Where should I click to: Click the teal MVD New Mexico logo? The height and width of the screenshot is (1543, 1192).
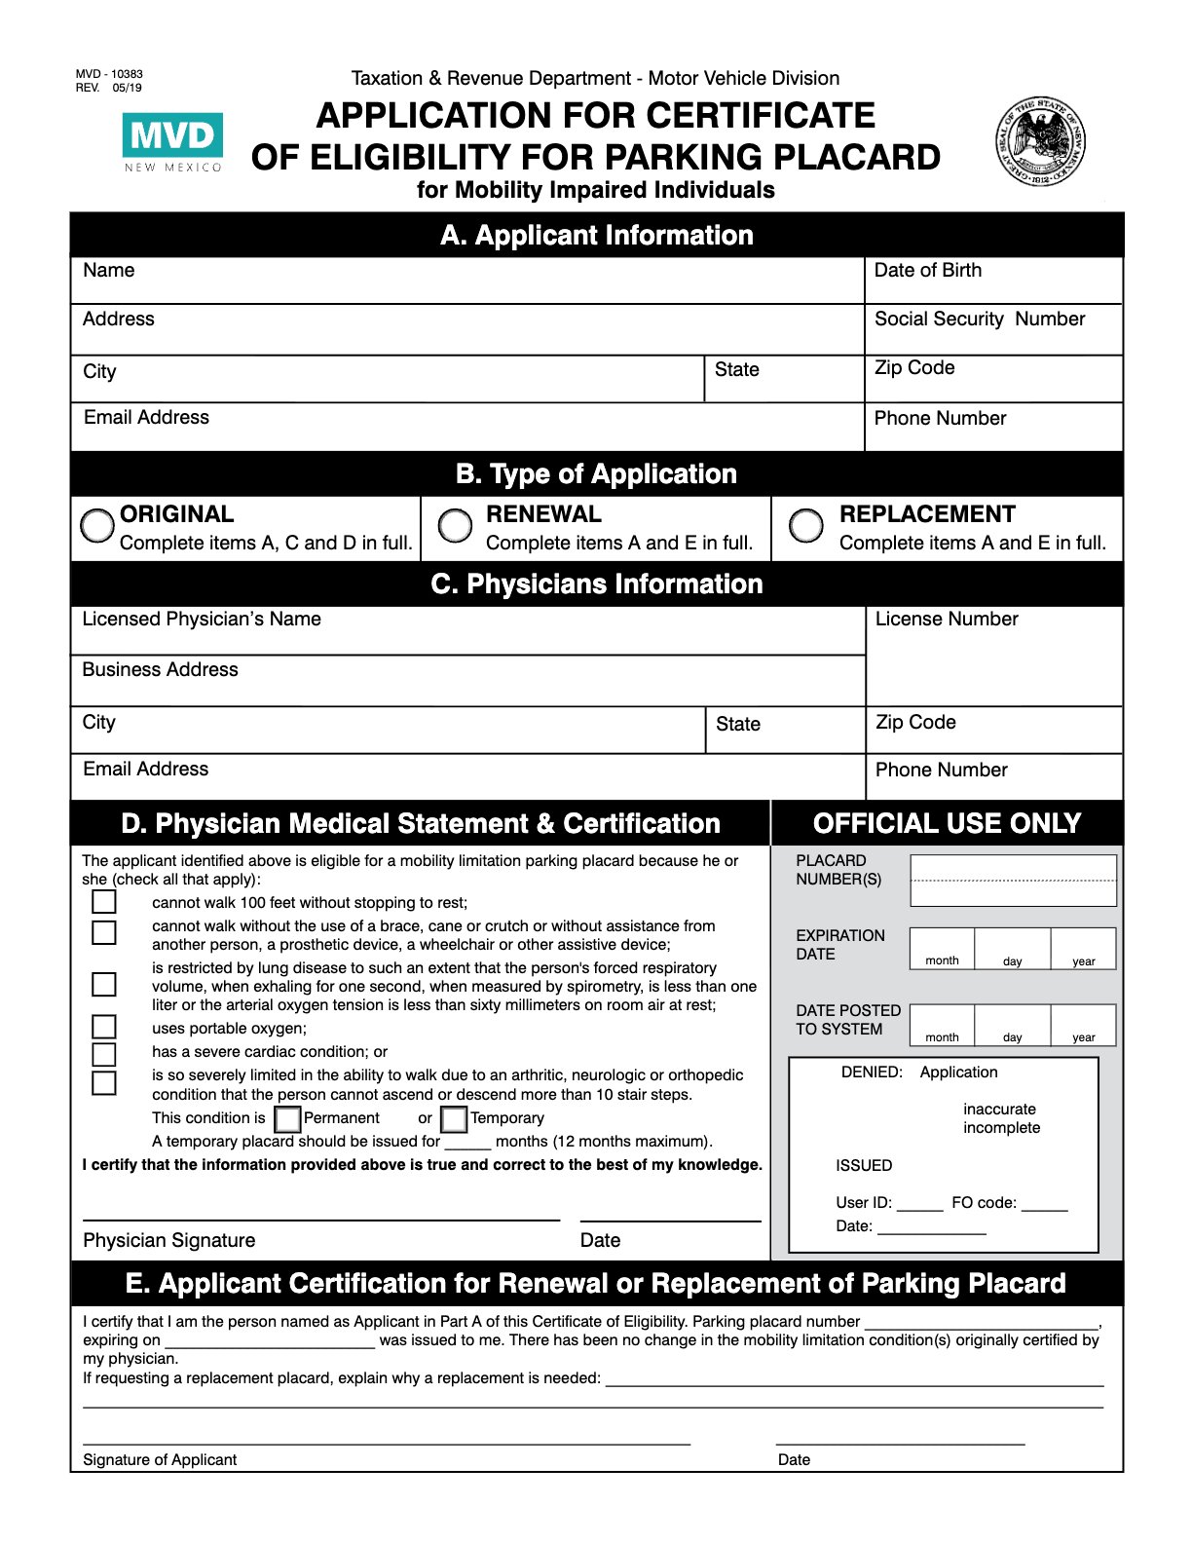pyautogui.click(x=172, y=142)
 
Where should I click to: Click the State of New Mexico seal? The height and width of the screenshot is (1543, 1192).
pyautogui.click(x=1039, y=143)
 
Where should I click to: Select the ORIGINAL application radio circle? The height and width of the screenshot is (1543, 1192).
pyautogui.click(x=97, y=526)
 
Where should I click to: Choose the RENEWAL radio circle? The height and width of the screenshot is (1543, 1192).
pyautogui.click(x=455, y=525)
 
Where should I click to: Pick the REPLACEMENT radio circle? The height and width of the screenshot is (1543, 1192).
pyautogui.click(x=805, y=525)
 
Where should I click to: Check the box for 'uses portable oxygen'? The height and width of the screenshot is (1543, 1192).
pyautogui.click(x=104, y=1027)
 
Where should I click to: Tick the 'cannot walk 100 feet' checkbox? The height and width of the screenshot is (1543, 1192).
pyautogui.click(x=104, y=902)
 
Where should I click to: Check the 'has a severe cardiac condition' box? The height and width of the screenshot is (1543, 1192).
pyautogui.click(x=104, y=1054)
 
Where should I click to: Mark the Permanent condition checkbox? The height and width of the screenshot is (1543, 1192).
pyautogui.click(x=287, y=1118)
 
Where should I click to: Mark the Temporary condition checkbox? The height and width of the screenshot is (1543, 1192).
pyautogui.click(x=454, y=1118)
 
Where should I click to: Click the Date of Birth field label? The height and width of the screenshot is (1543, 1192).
pyautogui.click(x=927, y=271)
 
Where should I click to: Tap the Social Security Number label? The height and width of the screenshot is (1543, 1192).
pyautogui.click(x=979, y=320)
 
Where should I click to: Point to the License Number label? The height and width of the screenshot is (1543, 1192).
pyautogui.click(x=946, y=620)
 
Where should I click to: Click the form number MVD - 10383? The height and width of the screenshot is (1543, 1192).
pyautogui.click(x=109, y=74)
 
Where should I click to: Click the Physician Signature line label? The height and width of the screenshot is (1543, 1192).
pyautogui.click(x=168, y=1240)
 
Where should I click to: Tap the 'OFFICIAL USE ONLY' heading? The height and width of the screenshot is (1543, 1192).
pyautogui.click(x=947, y=824)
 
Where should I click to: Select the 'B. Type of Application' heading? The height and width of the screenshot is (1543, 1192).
pyautogui.click(x=596, y=474)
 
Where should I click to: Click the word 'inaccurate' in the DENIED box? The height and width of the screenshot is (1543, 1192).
pyautogui.click(x=999, y=1110)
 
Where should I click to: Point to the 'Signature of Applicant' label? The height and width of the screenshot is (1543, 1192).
pyautogui.click(x=160, y=1459)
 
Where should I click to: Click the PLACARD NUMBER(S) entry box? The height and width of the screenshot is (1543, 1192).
pyautogui.click(x=1013, y=881)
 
